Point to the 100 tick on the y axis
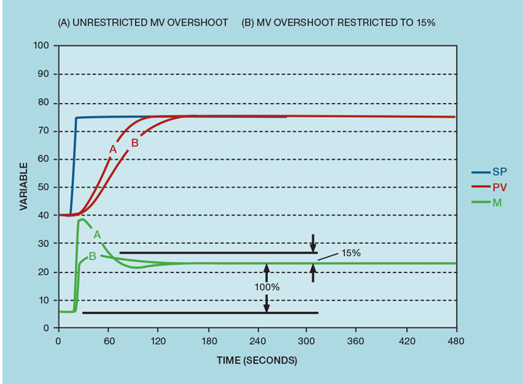tap(41, 46)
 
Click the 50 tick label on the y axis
tap(44, 187)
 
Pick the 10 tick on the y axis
tap(44, 300)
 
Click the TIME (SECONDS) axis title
tap(257, 360)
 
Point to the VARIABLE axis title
tap(23, 187)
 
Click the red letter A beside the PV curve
tap(113, 149)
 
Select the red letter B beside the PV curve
tap(134, 144)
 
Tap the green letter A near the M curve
tap(97, 234)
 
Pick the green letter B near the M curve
tap(92, 256)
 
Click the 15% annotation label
tap(349, 253)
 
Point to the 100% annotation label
tap(267, 287)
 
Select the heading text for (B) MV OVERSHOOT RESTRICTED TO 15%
tap(338, 23)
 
